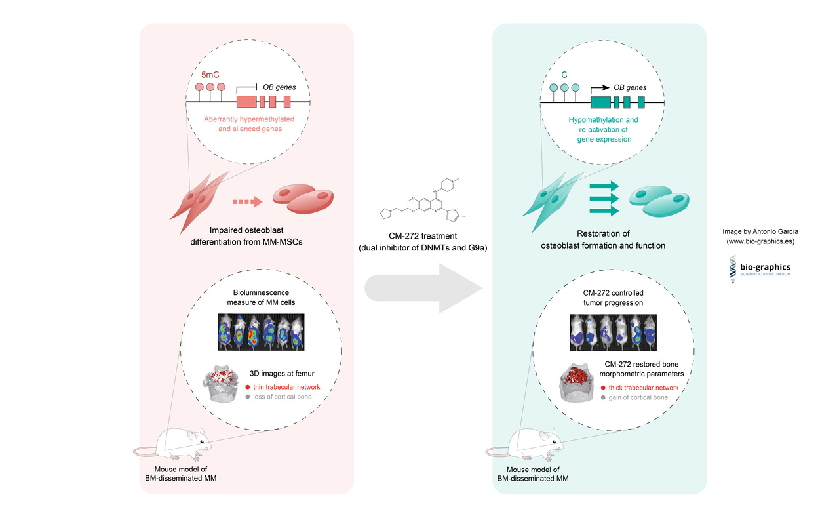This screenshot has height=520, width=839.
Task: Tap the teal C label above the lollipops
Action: coord(564,76)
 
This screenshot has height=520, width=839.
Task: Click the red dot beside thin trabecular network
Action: coord(248,388)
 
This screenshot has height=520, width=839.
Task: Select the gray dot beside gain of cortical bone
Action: coord(602,398)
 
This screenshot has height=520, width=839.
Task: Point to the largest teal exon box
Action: coord(600,102)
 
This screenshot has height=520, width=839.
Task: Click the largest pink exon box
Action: coord(246,102)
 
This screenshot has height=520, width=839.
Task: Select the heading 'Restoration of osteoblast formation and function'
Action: coord(600,239)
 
